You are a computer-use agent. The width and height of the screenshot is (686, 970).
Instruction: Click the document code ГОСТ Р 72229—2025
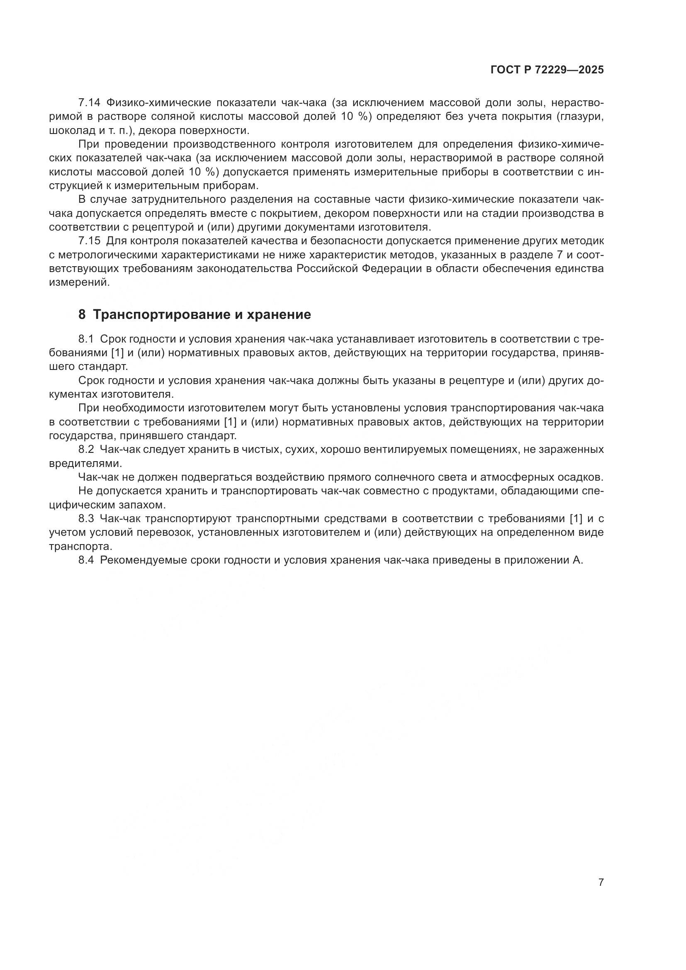[547, 70]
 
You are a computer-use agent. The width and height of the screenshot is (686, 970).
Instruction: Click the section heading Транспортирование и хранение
[202, 314]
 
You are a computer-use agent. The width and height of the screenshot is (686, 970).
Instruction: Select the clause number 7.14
[89, 103]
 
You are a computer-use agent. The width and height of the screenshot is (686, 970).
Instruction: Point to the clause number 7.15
[89, 241]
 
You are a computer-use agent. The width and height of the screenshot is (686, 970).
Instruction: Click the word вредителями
[85, 463]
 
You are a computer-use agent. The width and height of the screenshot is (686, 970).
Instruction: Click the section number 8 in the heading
[82, 314]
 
